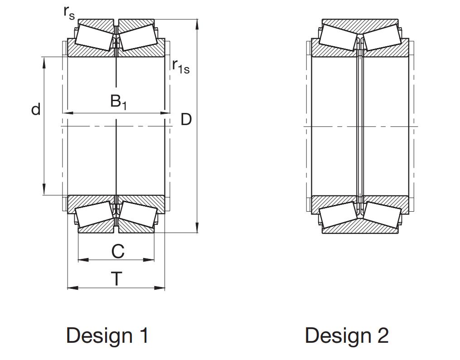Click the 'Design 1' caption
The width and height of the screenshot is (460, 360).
pos(107,335)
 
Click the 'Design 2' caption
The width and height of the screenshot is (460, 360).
pos(347,335)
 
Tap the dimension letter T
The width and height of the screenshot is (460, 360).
pos(117,279)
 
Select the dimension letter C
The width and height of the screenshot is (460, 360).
pos(118,252)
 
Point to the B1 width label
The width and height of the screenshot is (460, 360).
pos(119,102)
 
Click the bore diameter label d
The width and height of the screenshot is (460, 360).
pos(36,109)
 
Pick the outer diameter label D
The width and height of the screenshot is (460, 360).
pos(186,119)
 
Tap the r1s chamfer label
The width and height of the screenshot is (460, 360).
pos(181,67)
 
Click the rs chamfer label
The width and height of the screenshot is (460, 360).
pos(69,13)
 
